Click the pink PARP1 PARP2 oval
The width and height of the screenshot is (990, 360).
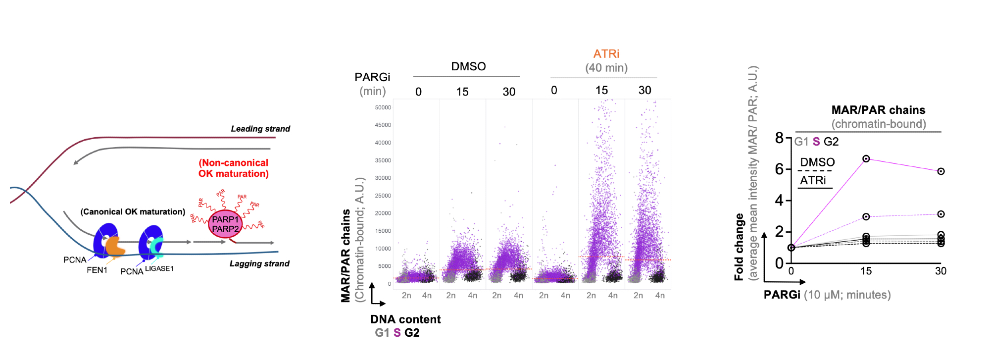225,224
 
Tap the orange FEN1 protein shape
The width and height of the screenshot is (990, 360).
115,246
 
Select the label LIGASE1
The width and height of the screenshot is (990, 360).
159,268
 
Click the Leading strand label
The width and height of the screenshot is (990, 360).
260,129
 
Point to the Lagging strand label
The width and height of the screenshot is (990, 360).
259,263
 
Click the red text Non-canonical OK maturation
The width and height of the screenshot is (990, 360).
234,168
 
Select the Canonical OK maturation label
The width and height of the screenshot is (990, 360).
133,211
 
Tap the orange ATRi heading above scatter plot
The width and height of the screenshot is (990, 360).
606,53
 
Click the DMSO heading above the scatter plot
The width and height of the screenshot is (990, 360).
468,66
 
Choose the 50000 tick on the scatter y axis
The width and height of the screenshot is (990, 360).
383,107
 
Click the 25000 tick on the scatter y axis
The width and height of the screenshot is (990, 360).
383,196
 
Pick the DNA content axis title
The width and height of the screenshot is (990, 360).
405,319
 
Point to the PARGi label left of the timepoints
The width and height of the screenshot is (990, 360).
372,77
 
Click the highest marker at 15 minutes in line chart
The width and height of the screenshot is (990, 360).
866,159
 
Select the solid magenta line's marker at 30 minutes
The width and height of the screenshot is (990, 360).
940,171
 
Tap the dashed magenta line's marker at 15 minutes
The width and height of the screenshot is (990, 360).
866,217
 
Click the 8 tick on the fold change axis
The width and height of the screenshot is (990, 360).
779,138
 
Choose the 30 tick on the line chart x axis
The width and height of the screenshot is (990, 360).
940,271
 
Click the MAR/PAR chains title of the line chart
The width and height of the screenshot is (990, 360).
878,110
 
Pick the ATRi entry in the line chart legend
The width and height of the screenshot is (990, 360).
813,180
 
